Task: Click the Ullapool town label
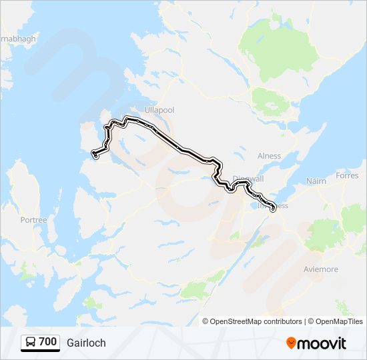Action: tap(160, 109)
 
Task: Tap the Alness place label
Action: tap(269, 156)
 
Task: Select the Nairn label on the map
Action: tap(316, 181)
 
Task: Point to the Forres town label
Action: tap(347, 177)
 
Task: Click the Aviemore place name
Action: tap(321, 269)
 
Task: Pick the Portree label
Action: tap(33, 219)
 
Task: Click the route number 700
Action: tap(47, 342)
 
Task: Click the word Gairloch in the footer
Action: tap(86, 343)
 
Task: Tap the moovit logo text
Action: tap(322, 343)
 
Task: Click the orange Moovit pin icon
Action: tap(291, 343)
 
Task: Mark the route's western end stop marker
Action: tap(95, 155)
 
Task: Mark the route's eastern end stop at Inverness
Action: tap(273, 211)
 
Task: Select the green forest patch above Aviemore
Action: tap(325, 233)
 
